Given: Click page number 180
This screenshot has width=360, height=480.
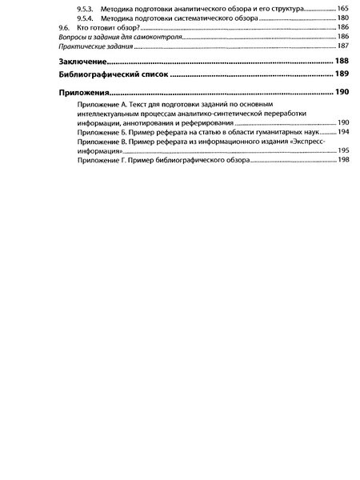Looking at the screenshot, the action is [343, 17].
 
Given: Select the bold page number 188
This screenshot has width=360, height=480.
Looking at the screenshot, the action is [342, 61].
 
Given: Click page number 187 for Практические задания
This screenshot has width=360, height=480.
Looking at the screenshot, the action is [343, 46].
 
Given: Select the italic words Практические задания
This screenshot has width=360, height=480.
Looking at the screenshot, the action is [82, 46].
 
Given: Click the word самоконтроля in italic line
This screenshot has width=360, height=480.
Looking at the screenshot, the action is [158, 37].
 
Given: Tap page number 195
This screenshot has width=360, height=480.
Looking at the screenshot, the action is [343, 150].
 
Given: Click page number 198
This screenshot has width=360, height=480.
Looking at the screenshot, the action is [343, 160].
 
